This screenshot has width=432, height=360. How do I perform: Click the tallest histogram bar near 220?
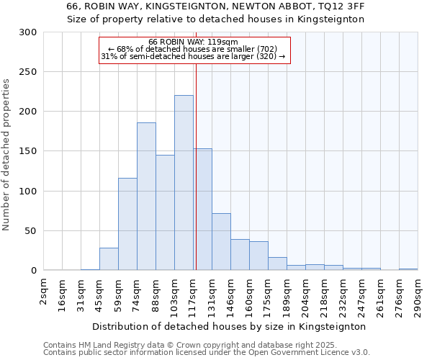(184, 183)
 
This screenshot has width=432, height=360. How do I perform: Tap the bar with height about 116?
(127, 224)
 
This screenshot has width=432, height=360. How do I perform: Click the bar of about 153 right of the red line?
(202, 210)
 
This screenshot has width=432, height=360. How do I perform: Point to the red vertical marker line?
(195, 166)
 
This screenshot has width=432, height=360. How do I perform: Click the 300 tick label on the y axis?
(28, 32)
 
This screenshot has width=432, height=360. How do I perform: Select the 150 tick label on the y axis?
(28, 152)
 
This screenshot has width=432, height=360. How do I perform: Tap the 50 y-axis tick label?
(31, 231)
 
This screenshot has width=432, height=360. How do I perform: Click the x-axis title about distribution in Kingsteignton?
(230, 326)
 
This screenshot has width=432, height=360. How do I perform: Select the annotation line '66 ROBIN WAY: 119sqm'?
(192, 42)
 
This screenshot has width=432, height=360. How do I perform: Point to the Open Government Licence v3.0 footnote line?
(207, 353)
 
